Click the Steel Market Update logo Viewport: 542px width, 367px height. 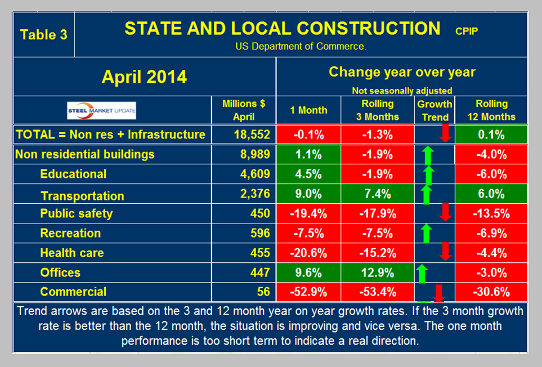tap(101, 110)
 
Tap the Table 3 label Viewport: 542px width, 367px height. tap(43, 34)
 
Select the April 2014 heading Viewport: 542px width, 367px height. tap(144, 77)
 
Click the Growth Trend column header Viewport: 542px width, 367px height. tap(435, 110)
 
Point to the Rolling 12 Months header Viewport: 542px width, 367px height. tap(491, 110)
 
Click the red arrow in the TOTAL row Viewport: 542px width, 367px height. tap(445, 133)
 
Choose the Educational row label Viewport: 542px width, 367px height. tap(73, 174)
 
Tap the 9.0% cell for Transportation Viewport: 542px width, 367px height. tap(308, 194)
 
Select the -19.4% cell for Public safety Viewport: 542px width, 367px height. tap(308, 214)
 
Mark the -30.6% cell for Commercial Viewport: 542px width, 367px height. tap(491, 292)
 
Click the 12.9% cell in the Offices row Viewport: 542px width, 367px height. tap(378, 273)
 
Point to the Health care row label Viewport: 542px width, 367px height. tap(71, 253)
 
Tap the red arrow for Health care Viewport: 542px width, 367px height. tap(445, 252)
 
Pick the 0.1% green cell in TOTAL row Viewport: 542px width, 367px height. tap(491, 135)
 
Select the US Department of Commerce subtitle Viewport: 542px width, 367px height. tap(301, 47)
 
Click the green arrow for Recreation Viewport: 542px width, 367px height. tap(427, 232)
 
